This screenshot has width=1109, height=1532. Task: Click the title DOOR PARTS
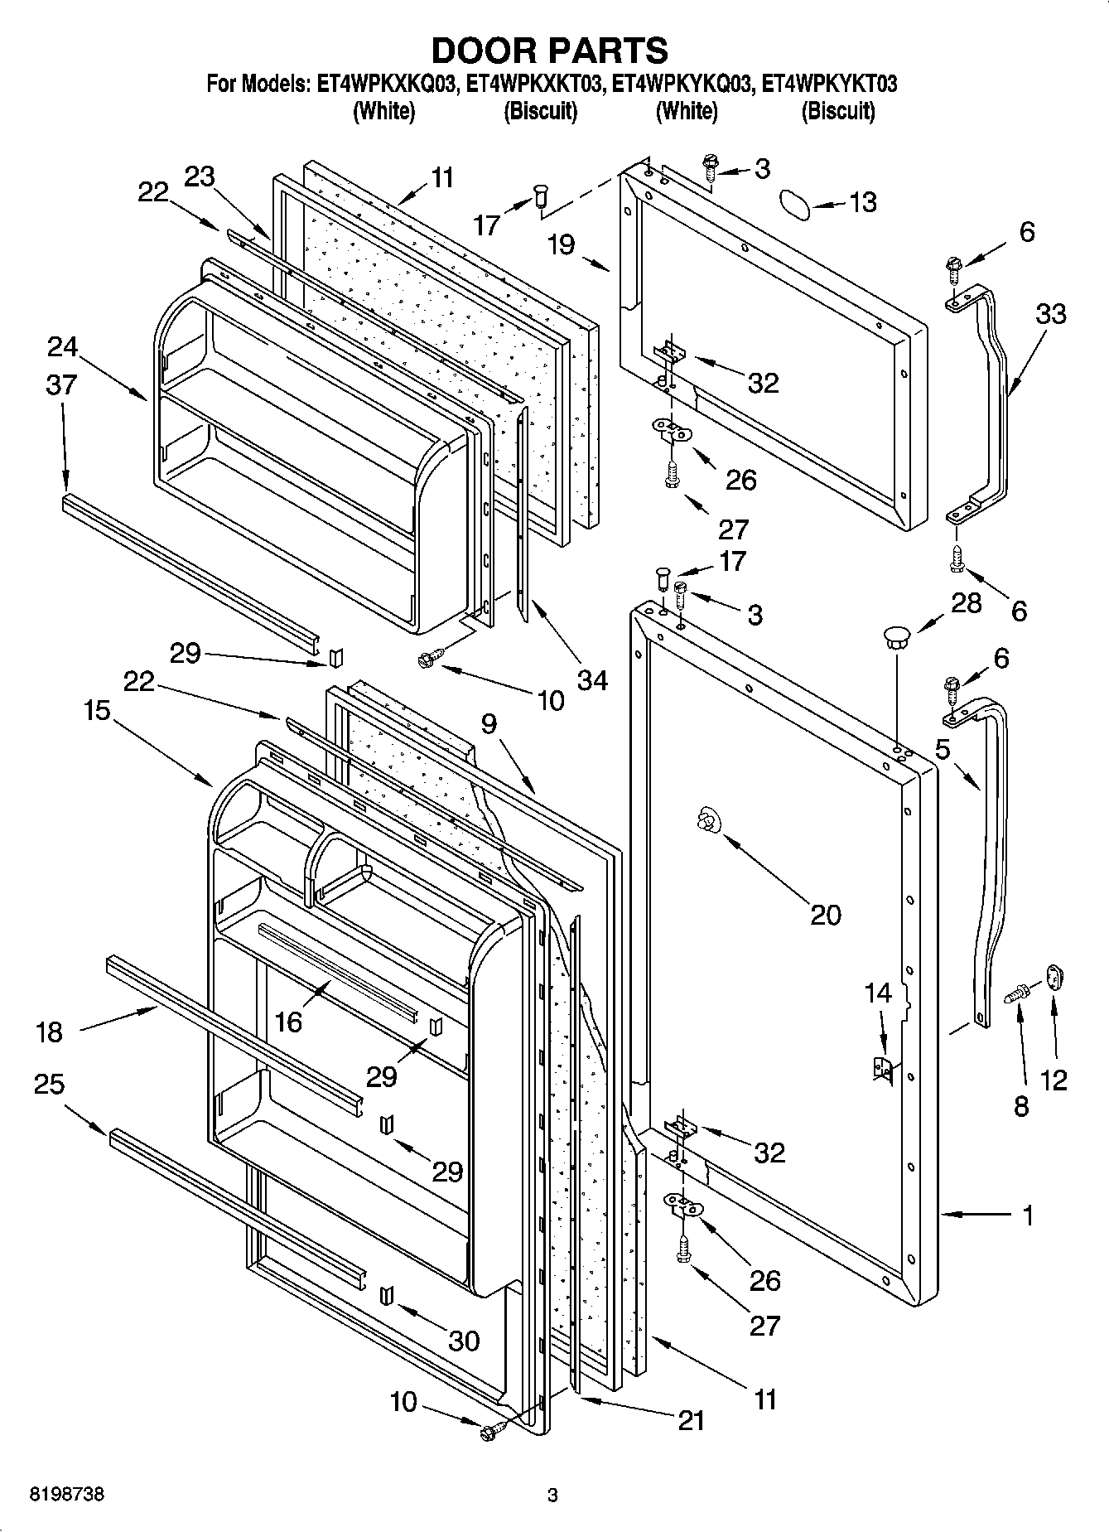tap(550, 51)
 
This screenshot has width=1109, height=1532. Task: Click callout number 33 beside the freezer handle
tap(1049, 314)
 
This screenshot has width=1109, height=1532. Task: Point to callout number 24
tap(62, 346)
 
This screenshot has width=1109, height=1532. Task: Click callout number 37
tap(62, 384)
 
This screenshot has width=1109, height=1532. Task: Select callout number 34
tap(593, 680)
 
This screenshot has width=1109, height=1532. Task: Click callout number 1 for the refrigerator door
tap(1027, 1216)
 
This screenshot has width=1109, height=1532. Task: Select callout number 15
tap(97, 710)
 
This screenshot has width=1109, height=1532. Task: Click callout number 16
tap(288, 1022)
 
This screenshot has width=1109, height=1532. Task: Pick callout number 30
tap(463, 1341)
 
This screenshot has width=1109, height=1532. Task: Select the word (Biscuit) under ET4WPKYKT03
tap(837, 111)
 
